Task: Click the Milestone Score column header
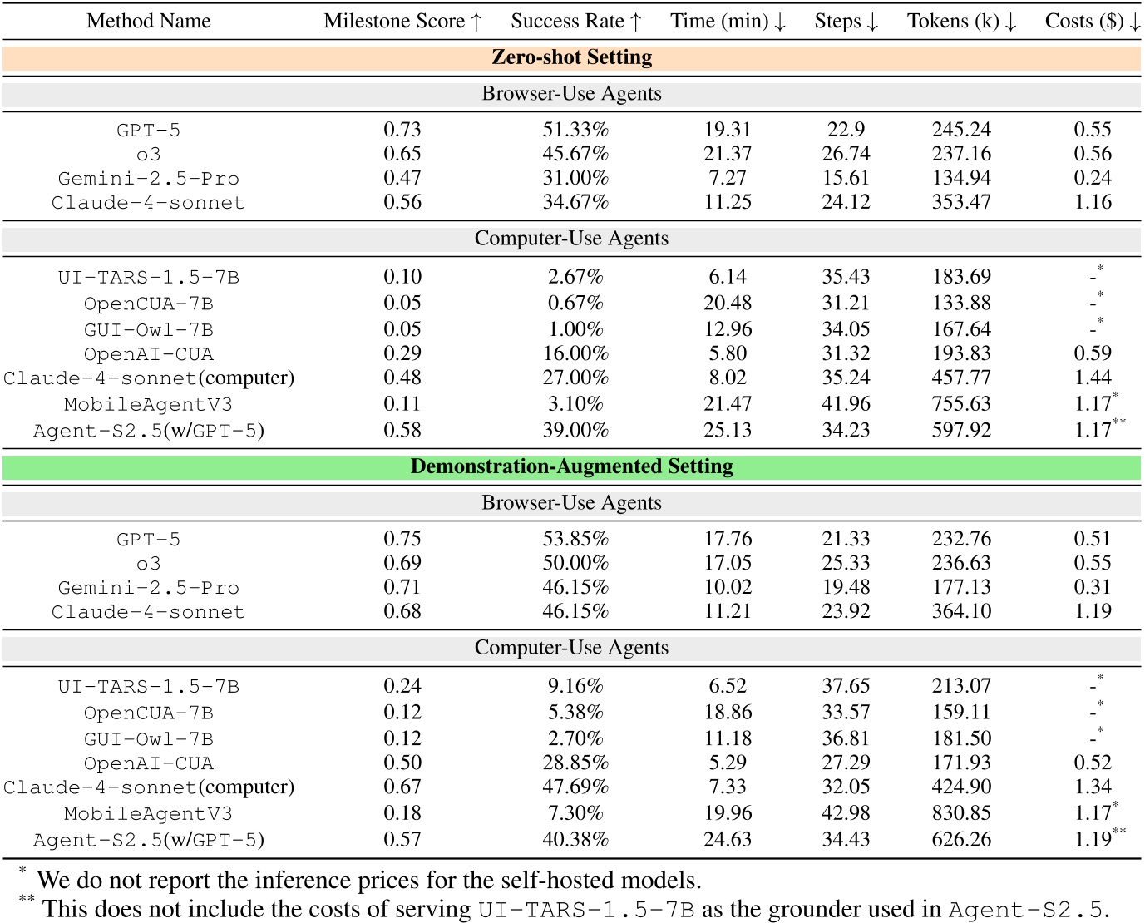coord(402,22)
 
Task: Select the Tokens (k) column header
coord(961,22)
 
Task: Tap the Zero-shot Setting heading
coord(572,57)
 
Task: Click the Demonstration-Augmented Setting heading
coord(572,466)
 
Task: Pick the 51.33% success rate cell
coord(575,130)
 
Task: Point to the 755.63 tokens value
coord(961,404)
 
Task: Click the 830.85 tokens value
coord(961,813)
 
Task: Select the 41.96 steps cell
coord(846,404)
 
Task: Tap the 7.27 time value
coord(728,178)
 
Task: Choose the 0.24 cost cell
coord(1093,178)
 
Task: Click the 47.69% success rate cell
coord(575,787)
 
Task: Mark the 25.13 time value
coord(728,431)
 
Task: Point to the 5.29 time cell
coord(728,763)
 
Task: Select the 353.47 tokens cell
coord(961,202)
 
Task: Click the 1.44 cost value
coord(1093,378)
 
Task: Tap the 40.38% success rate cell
coord(575,840)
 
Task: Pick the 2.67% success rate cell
coord(575,277)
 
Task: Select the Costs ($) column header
coord(1092,22)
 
